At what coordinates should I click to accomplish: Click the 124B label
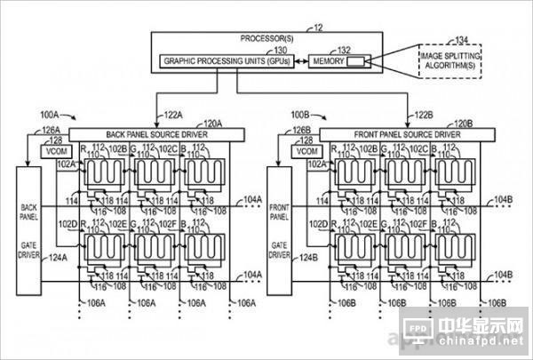coord(307,259)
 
